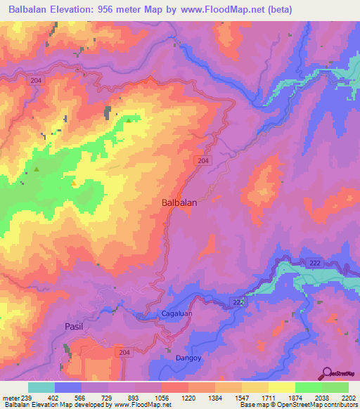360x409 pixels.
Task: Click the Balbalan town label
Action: coord(179,202)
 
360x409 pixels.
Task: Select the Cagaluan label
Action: coord(167,314)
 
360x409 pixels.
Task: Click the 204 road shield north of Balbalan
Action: coord(202,161)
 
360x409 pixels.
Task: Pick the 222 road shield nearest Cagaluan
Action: coord(238,302)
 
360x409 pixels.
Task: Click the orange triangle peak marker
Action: coord(73,183)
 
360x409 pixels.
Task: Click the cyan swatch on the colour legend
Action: coord(41,387)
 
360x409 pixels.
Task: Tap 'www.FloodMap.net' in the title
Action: coord(219,10)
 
